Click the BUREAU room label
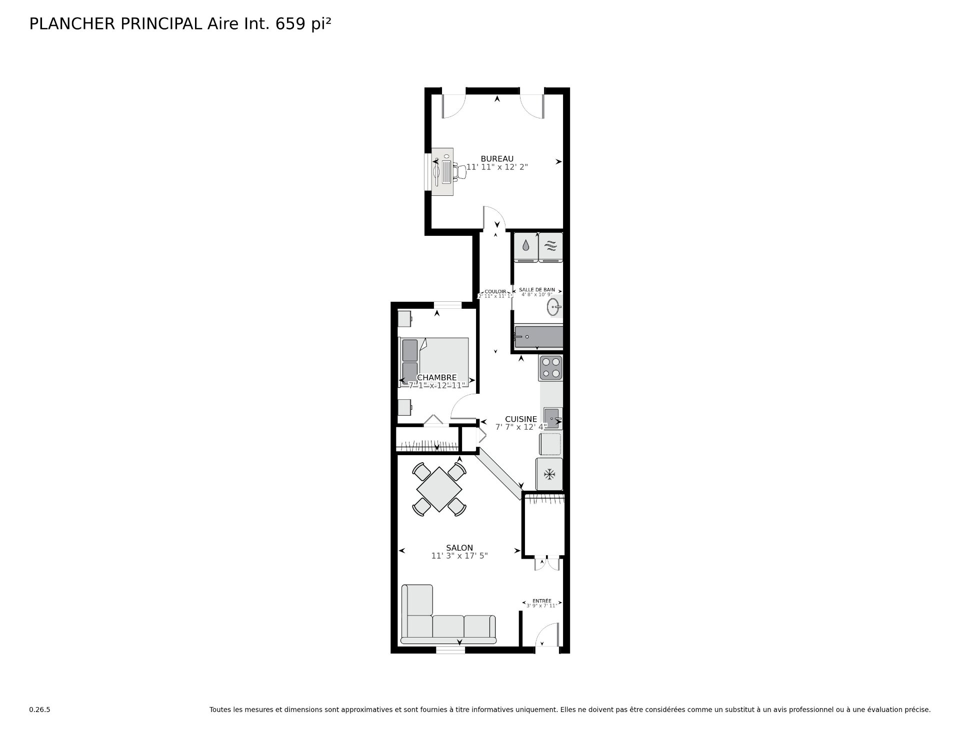point(496,159)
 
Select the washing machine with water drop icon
point(526,247)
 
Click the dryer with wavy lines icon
point(550,247)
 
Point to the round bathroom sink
point(553,307)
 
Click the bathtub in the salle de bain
point(538,337)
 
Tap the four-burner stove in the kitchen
point(550,368)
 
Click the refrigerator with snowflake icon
point(549,474)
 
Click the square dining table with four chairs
point(439,489)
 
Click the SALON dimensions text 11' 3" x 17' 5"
point(459,556)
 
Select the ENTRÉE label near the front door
point(541,601)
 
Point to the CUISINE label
point(520,419)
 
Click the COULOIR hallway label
point(495,292)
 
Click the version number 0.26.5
point(39,710)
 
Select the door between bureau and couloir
point(493,219)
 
